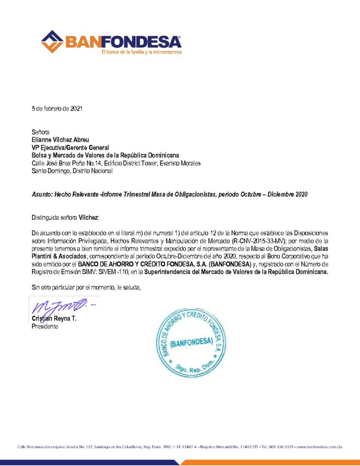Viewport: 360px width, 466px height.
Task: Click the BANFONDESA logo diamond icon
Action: coord(52,41)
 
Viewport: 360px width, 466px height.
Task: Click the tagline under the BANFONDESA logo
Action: coord(142,52)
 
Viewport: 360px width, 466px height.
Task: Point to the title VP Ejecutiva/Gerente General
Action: coord(70,147)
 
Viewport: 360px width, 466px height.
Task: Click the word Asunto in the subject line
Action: coord(41,194)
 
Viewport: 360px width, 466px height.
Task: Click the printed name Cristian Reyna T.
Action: coord(54,319)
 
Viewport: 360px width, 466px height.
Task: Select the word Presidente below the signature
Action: coord(45,326)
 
